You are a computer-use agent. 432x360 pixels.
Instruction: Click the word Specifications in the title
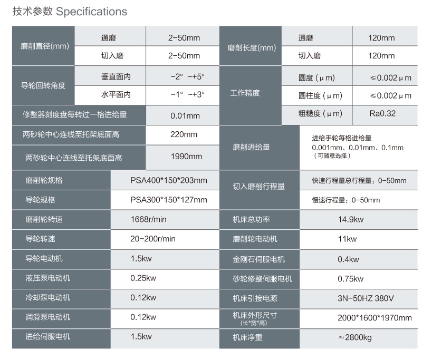(91, 12)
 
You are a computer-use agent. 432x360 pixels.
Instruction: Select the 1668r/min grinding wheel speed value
(148, 219)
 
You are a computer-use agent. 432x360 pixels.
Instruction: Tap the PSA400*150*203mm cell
(169, 181)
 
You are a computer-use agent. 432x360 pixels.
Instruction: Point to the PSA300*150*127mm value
(169, 200)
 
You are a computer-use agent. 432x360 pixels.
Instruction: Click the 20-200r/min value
(153, 239)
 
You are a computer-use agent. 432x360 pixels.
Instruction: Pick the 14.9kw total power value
(351, 219)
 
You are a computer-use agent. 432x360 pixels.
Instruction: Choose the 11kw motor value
(347, 239)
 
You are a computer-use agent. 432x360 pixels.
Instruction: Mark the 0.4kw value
(348, 259)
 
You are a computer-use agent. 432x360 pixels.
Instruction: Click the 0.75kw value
(350, 279)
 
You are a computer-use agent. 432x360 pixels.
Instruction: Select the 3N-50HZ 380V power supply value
(366, 298)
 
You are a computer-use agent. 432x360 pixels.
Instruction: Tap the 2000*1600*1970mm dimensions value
(375, 318)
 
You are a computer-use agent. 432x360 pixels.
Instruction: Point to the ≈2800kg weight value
(355, 337)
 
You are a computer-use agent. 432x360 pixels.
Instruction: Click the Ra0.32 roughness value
(382, 113)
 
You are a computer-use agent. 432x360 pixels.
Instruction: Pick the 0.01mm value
(185, 116)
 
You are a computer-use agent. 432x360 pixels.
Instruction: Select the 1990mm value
(186, 157)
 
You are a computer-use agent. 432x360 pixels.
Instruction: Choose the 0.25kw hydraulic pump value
(143, 278)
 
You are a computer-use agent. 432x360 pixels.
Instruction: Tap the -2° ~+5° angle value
(187, 76)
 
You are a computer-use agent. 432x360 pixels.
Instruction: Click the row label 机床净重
(247, 337)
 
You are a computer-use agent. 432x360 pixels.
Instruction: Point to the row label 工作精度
(245, 93)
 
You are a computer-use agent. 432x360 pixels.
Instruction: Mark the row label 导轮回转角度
(43, 85)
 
